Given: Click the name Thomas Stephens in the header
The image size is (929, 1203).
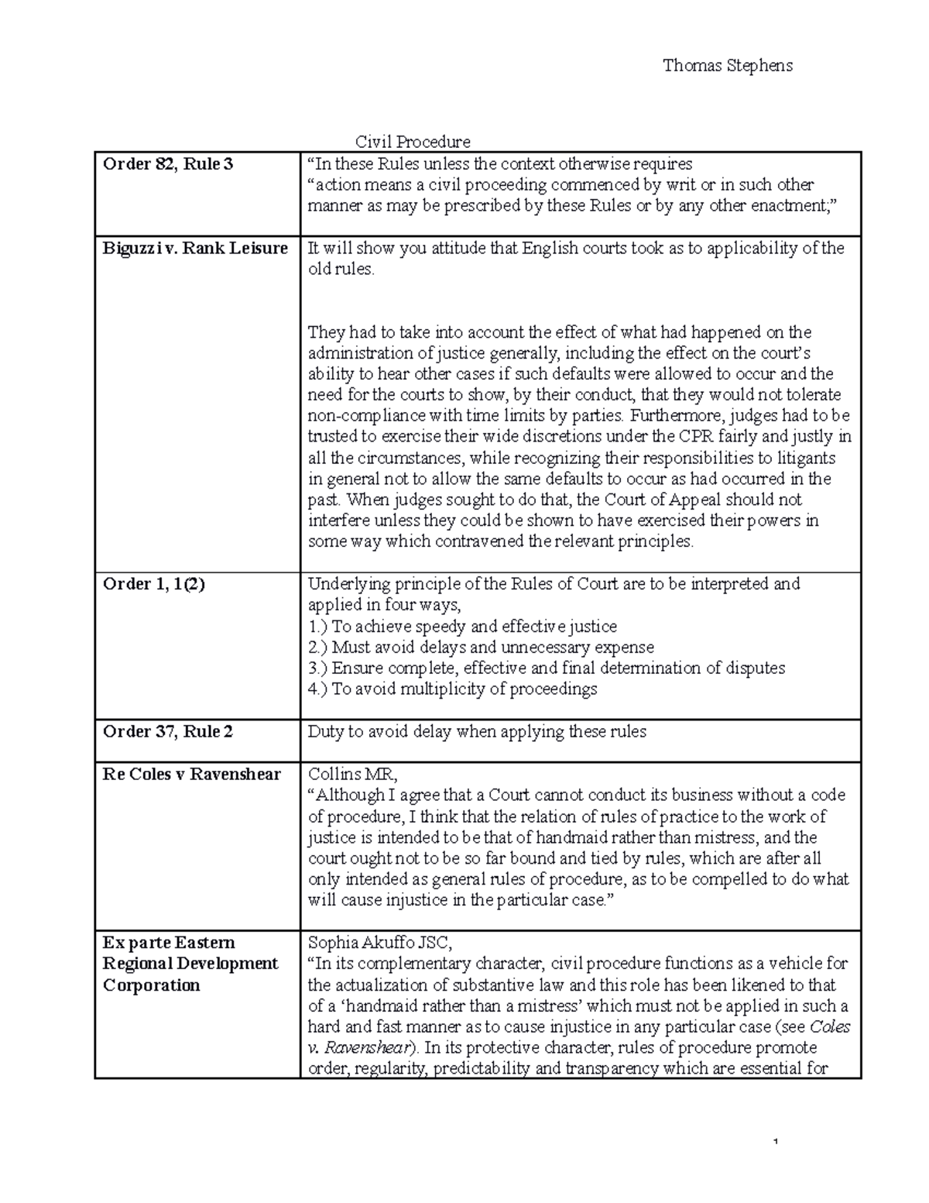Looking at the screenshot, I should (x=727, y=66).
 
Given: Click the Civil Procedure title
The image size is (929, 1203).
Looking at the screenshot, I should (x=412, y=142).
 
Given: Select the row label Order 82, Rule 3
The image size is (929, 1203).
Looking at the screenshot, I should (x=168, y=164).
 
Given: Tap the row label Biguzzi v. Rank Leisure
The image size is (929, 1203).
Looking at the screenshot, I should (x=195, y=249).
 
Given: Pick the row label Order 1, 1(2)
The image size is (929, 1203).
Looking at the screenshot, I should (x=154, y=585).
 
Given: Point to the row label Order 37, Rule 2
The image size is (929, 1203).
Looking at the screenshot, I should (x=168, y=732).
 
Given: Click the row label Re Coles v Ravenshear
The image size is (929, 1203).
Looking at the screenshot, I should (x=191, y=775).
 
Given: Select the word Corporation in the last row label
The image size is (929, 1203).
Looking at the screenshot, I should (x=151, y=985).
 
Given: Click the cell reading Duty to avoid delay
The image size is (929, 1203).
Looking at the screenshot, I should (x=476, y=732).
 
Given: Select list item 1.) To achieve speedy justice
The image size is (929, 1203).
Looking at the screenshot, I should (x=462, y=627).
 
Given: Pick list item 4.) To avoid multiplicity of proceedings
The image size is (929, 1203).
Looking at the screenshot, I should (x=452, y=689).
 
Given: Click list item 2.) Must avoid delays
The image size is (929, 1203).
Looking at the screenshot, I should (x=480, y=648).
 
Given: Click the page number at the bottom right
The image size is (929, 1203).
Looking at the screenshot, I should (x=775, y=1142).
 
